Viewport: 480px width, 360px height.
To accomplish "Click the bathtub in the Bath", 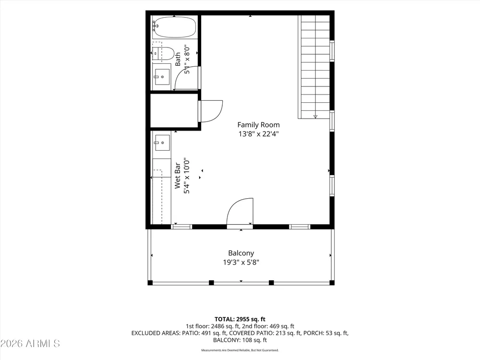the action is point(175,27).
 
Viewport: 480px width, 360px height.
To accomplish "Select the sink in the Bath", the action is point(162,77).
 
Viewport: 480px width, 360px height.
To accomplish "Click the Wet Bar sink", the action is point(162,143).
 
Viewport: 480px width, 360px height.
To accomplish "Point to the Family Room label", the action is point(258,125).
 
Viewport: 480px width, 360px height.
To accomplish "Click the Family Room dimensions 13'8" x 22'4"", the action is point(258,134).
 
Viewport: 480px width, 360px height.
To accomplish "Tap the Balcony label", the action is point(241,253).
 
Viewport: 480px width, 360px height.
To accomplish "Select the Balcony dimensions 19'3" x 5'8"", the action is point(241,263).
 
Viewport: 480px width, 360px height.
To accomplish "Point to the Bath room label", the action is point(178,60).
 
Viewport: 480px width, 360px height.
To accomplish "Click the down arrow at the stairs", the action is point(315,117).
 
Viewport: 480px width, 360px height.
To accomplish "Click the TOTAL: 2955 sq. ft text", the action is point(240,319).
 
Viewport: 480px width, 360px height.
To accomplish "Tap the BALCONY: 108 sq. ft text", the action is point(240,340).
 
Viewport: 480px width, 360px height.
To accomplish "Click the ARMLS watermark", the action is point(30,344).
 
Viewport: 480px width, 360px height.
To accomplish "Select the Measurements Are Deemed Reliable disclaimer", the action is point(240,350).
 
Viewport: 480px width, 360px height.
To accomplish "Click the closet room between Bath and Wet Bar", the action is point(174,110).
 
